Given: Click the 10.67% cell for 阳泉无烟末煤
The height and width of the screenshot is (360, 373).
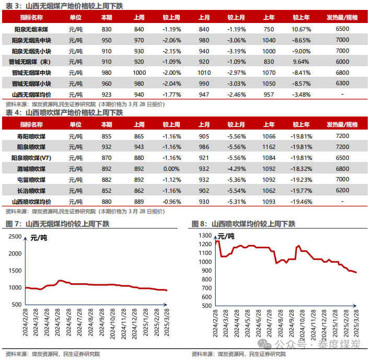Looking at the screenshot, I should [x=301, y=29].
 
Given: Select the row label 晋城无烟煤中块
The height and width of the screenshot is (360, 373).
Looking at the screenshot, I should [x=31, y=73].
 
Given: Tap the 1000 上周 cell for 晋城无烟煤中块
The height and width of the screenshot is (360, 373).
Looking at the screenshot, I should [x=139, y=73].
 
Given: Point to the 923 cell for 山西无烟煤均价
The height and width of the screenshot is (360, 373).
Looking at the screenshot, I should [x=107, y=95].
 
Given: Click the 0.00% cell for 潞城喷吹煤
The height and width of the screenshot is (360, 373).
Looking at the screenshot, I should [x=171, y=169].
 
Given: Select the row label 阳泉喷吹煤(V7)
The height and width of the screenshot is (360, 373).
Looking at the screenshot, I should [x=31, y=158].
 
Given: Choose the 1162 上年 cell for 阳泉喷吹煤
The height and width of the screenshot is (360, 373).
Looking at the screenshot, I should [x=269, y=147].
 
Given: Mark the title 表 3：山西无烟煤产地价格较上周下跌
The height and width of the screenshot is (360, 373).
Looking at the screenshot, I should [x=68, y=6].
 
